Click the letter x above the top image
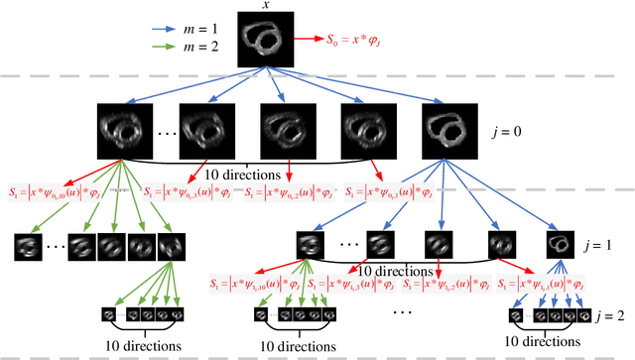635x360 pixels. point(265,6)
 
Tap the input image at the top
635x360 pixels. point(265,42)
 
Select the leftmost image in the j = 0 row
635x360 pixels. point(120,127)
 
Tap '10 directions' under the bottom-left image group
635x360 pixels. point(142,347)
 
